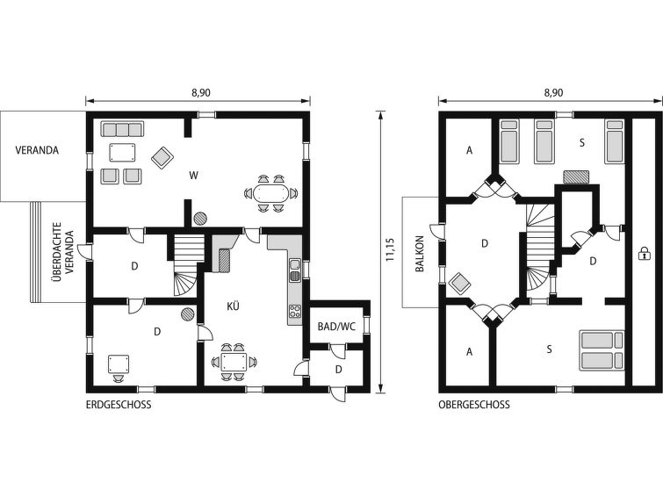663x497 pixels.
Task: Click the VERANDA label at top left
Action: [37, 150]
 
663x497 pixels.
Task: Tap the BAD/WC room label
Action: [336, 327]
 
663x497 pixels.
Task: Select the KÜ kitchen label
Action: [233, 306]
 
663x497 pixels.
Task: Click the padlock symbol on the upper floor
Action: [643, 254]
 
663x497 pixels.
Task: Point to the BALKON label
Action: [419, 254]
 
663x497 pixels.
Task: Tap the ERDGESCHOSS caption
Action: [119, 405]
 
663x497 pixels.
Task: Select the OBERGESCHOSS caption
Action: [473, 405]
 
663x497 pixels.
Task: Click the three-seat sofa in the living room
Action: [122, 129]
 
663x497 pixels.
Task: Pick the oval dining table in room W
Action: [270, 194]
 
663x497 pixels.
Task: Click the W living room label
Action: [194, 176]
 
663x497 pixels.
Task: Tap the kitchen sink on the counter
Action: [294, 270]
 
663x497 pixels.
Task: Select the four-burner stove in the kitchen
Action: [295, 312]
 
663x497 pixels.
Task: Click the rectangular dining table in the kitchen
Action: [234, 363]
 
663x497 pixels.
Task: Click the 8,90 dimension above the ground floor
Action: [201, 92]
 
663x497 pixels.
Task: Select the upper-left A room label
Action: [469, 150]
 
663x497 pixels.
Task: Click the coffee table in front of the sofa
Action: [122, 152]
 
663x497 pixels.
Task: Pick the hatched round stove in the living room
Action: [200, 219]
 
